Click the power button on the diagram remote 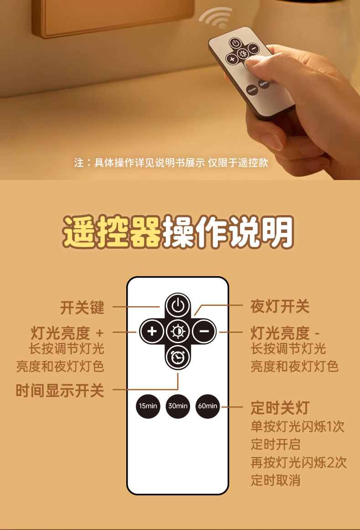pos(178,305)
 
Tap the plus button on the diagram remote pos(152,331)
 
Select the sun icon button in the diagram pos(178,331)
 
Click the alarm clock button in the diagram pos(178,357)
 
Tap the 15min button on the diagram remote pos(148,406)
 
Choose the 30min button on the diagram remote pos(178,406)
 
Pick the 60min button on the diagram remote pos(207,406)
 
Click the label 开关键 pos(82,307)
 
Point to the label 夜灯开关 pos(280,307)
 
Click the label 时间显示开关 pos(60,390)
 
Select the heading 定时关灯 pos(280,407)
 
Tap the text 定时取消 pos(275,479)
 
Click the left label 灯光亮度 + pos(67,333)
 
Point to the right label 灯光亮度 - pos(285,333)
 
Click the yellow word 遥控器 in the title pos(112,232)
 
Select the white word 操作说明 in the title pos(228,232)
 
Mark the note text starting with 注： pos(171,163)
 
